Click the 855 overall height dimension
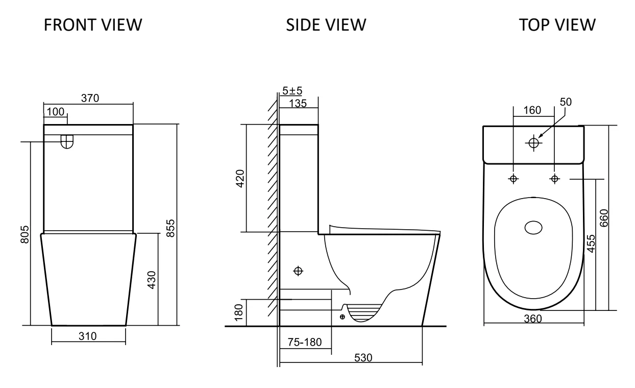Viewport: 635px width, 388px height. coord(172,229)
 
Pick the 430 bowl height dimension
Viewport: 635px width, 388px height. coord(152,280)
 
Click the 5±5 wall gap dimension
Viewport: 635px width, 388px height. coord(292,91)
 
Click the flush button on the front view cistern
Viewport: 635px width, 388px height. coord(67,141)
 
